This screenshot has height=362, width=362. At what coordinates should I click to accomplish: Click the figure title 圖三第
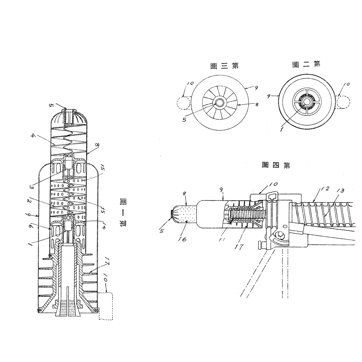point(224,66)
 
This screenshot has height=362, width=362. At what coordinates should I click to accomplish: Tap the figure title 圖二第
point(306,64)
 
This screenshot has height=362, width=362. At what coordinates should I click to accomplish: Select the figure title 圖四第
point(276,165)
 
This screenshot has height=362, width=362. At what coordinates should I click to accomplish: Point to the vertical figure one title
point(123,212)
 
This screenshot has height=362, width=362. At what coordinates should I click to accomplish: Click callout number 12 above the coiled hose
point(324,189)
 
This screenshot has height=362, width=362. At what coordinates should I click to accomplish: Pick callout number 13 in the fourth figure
point(341,190)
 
